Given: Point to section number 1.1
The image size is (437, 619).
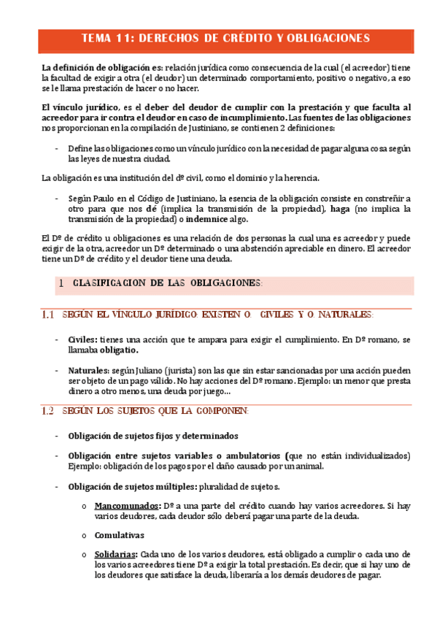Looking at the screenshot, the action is (x=48, y=315).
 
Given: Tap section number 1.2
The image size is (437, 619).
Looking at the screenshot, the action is (x=48, y=411).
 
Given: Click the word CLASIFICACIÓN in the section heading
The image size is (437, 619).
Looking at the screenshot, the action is (x=108, y=282).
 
